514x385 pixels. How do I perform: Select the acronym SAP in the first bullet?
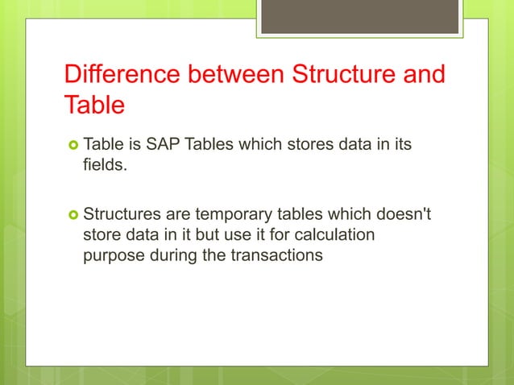[164, 145]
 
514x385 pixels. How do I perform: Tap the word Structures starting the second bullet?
[121, 215]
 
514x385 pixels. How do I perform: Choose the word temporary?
[231, 215]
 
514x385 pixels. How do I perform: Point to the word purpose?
[114, 255]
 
